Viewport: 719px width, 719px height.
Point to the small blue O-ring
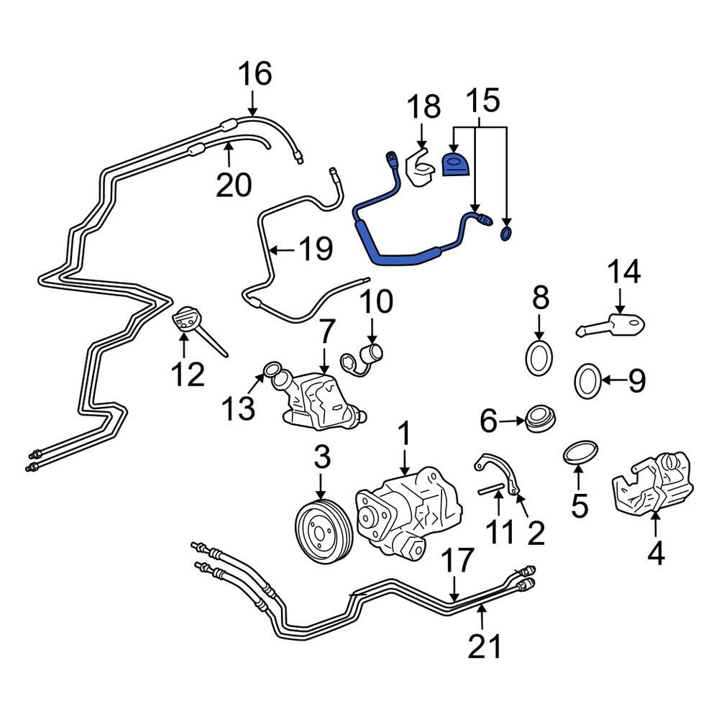click(507, 233)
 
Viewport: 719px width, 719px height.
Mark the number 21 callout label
click(483, 647)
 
